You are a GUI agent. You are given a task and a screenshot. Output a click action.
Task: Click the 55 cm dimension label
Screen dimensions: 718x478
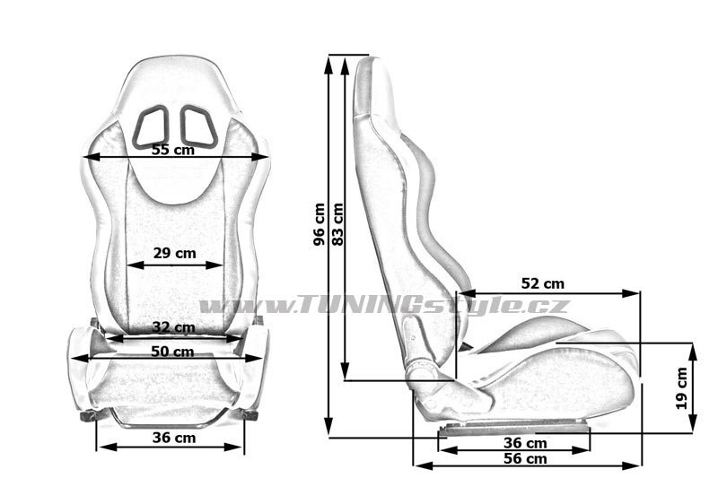coord(173,150)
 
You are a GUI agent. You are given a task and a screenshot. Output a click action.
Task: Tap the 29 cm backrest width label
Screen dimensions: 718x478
coord(174,253)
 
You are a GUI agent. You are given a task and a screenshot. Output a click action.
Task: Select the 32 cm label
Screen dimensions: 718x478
coord(173,327)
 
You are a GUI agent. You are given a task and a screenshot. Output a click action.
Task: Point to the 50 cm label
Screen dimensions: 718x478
coord(172,352)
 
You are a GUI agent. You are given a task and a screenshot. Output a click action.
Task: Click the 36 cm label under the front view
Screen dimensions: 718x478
coord(174,438)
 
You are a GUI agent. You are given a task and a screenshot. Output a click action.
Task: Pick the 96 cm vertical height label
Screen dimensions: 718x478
coord(320,224)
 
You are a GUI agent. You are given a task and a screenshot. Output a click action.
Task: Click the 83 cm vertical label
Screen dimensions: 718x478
coord(337,224)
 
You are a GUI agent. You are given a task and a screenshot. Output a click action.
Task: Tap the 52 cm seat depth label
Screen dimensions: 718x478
coord(543,283)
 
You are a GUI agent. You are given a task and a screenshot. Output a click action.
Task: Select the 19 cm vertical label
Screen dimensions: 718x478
coord(682,388)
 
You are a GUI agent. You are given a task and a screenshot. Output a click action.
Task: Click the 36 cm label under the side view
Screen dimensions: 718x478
coord(525,443)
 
